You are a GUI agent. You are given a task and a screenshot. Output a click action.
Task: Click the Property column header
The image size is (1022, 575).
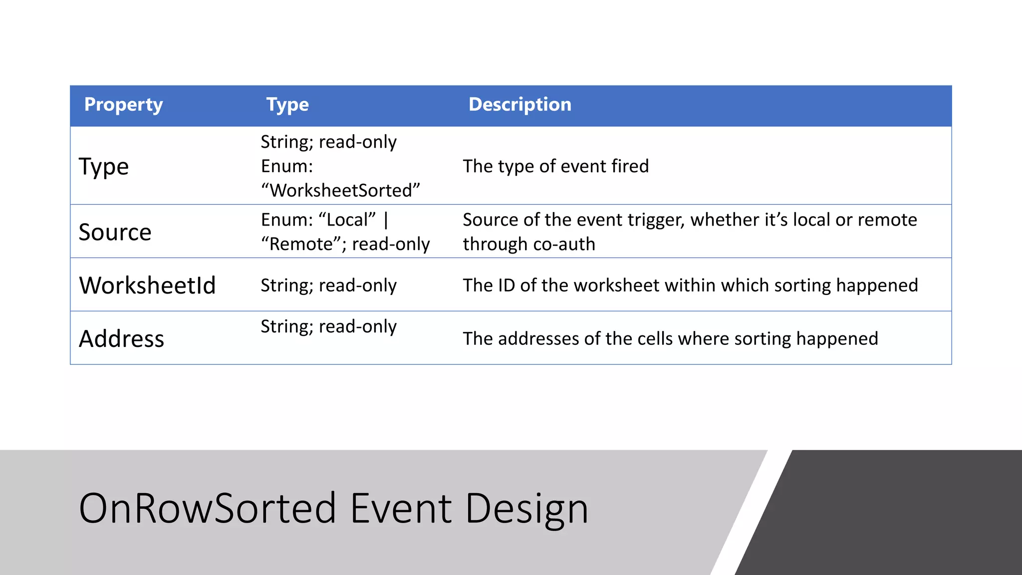point(123,105)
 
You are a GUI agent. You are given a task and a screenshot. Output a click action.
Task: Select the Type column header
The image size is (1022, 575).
point(287,105)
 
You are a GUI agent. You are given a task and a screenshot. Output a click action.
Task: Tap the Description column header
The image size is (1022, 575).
point(519,105)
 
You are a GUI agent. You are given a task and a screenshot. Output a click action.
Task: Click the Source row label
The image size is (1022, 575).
point(115,232)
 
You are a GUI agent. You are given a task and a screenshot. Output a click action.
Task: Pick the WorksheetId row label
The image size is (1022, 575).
point(147,286)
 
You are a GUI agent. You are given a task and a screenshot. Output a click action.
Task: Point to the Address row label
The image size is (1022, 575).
point(121,339)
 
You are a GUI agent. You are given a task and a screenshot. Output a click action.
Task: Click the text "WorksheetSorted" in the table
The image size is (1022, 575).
point(341,191)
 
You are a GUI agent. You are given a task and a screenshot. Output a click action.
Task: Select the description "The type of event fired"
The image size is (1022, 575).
point(555,166)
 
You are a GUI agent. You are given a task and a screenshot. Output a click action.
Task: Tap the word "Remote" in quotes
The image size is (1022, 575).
point(297,244)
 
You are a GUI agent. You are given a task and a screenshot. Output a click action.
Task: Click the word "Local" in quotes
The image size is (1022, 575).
point(347,220)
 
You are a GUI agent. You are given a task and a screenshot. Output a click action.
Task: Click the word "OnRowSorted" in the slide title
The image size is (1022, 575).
point(208,508)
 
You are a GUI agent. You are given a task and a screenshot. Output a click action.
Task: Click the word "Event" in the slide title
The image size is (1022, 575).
point(401,508)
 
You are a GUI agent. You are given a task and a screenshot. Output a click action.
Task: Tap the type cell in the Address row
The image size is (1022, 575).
point(328,326)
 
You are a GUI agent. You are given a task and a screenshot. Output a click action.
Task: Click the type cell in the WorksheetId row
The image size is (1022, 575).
point(328,286)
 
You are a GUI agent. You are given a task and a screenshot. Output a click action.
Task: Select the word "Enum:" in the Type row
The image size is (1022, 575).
point(287,166)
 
